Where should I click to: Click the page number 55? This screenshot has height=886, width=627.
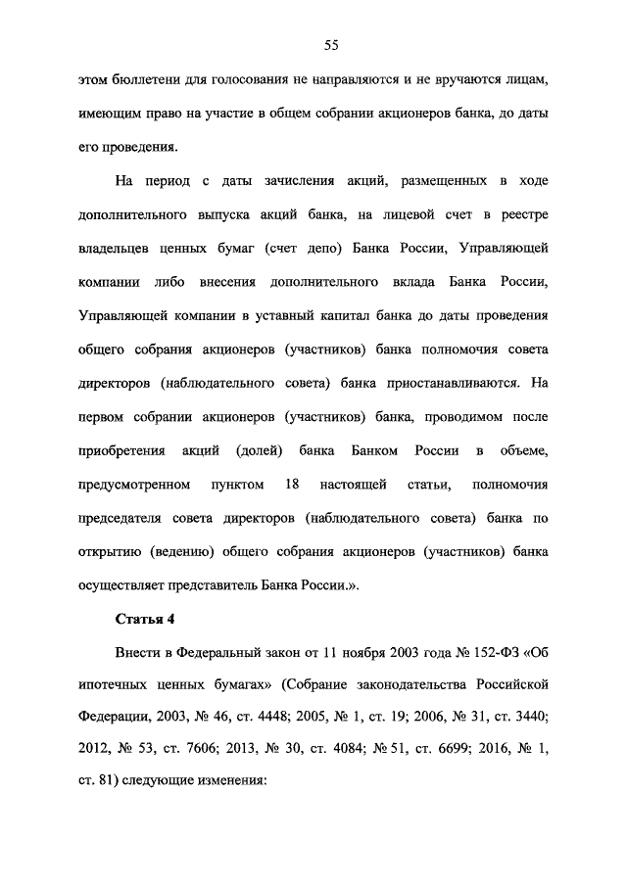331,44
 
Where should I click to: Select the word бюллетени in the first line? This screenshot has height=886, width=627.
141,79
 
